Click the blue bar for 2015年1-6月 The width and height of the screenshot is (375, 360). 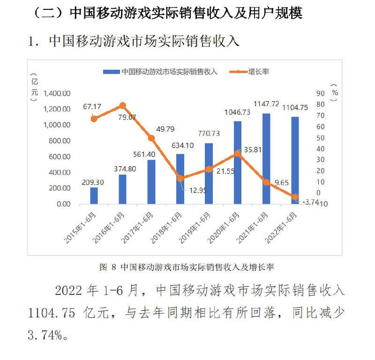pos(94,196)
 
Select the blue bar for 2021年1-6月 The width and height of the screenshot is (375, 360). pos(266,159)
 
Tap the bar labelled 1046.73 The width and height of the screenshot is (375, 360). pos(238,163)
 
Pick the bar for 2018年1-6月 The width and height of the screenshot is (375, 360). pos(180,179)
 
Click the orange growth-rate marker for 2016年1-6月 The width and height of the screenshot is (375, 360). pos(123,106)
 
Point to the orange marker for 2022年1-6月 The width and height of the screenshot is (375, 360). pos(295,197)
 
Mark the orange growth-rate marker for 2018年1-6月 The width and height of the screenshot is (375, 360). pos(180,178)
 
